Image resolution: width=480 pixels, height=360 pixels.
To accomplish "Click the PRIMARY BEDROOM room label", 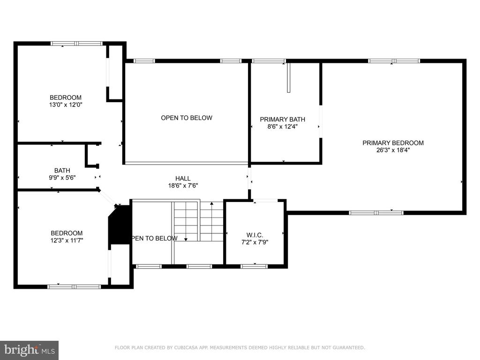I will pyautogui.click(x=393, y=143).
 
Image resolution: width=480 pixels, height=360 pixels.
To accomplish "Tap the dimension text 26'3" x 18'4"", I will pyautogui.click(x=393, y=150).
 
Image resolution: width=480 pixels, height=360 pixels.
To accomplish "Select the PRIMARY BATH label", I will pyautogui.click(x=282, y=120).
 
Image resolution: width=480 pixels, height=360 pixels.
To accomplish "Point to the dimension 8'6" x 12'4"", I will pyautogui.click(x=282, y=127).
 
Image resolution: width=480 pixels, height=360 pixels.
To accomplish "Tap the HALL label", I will pyautogui.click(x=183, y=178).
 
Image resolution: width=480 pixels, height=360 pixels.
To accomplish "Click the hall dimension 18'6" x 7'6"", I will pyautogui.click(x=183, y=186).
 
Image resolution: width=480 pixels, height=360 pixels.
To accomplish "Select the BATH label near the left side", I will pyautogui.click(x=62, y=171).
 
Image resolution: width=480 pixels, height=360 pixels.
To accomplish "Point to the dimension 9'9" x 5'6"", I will pyautogui.click(x=62, y=178).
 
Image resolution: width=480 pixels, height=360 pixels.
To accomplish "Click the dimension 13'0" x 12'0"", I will pyautogui.click(x=66, y=105).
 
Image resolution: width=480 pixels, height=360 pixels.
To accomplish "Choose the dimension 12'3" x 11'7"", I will pyautogui.click(x=67, y=240).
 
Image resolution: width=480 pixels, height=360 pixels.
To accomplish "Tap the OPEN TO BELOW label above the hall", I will pyautogui.click(x=186, y=118).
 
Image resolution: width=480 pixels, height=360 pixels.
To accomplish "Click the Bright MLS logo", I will pyautogui.click(x=29, y=350).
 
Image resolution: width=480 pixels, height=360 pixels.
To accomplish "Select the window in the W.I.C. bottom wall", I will pyautogui.click(x=254, y=266).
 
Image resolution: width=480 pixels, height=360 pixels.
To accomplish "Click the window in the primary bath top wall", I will pyautogui.click(x=268, y=60).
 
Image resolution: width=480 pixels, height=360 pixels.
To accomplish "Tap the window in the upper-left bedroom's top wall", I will pyautogui.click(x=76, y=44).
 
